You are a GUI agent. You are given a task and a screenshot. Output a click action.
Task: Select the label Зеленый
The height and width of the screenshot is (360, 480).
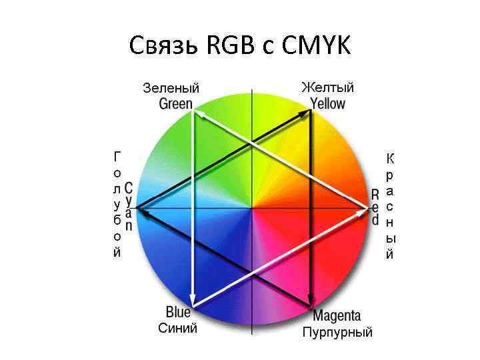171,88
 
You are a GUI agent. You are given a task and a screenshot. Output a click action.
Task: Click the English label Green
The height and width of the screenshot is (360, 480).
175,103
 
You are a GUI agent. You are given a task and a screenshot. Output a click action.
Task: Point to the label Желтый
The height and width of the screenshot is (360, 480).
327,88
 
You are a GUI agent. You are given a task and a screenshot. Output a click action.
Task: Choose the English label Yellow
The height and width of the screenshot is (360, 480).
328,103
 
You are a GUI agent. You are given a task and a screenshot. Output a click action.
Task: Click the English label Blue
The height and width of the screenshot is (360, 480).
178,312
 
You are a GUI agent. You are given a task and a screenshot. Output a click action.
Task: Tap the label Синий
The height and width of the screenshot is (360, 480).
177,328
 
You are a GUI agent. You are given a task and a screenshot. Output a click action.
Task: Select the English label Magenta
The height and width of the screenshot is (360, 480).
337,315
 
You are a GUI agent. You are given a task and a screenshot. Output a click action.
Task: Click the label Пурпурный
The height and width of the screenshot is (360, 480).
337,331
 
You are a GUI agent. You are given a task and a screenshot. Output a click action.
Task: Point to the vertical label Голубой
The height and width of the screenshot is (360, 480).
117,204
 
